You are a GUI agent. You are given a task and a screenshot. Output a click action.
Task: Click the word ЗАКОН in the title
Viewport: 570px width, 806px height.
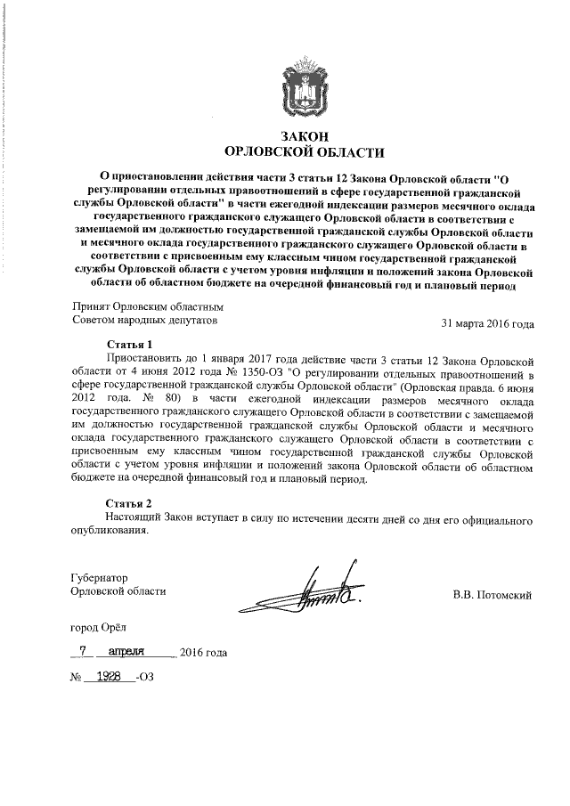click(304, 135)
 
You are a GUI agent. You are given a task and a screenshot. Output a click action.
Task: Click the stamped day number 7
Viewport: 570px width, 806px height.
click(83, 652)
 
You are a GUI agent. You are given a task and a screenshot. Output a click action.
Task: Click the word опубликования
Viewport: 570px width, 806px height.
click(110, 531)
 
